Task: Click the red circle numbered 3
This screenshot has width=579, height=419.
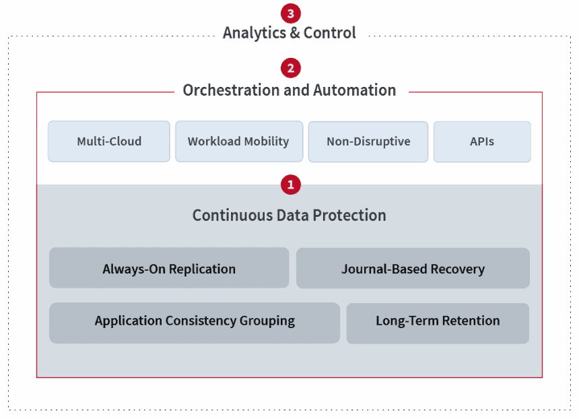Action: (291, 13)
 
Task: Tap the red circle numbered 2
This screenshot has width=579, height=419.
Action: (291, 68)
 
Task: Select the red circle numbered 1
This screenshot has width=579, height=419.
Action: (291, 185)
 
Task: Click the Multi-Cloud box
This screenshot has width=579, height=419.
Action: (109, 141)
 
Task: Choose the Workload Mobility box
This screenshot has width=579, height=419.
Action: (239, 141)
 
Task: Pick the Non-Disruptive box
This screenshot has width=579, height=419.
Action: (368, 142)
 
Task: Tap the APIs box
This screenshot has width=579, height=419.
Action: (482, 142)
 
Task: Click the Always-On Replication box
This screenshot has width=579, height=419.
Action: (169, 268)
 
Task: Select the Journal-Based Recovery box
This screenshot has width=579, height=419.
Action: (413, 268)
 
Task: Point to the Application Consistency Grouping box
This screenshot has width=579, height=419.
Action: (195, 323)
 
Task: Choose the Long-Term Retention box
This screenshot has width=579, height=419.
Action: (438, 323)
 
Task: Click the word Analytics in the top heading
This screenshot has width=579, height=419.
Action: (254, 33)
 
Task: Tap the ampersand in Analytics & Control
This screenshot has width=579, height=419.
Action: (295, 32)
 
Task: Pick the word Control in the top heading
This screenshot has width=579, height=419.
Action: (330, 32)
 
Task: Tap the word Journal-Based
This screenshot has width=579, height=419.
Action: (384, 269)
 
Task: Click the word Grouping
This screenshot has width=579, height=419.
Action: (267, 321)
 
